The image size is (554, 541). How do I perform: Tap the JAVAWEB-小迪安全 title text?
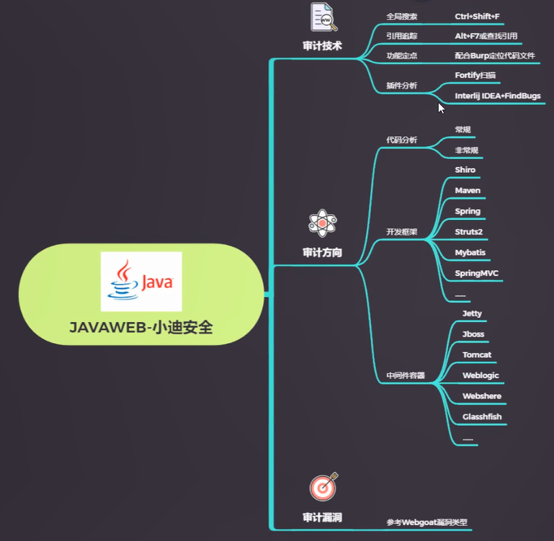pyautogui.click(x=141, y=327)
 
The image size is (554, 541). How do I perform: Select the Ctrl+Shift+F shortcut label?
pyautogui.click(x=477, y=16)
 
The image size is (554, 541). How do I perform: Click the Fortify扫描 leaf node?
pyautogui.click(x=475, y=75)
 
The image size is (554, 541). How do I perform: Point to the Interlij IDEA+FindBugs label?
pyautogui.click(x=497, y=96)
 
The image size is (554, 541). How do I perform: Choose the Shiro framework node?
pyautogui.click(x=465, y=170)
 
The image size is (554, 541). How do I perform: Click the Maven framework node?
pyautogui.click(x=468, y=191)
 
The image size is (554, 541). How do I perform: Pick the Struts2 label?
pyautogui.click(x=469, y=232)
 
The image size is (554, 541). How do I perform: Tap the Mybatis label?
pyautogui.click(x=470, y=253)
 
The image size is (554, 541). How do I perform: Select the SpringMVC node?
pyautogui.click(x=476, y=274)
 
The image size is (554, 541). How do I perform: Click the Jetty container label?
pyautogui.click(x=472, y=313)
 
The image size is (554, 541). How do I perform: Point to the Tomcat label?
pyautogui.click(x=477, y=355)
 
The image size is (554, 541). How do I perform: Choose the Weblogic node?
pyautogui.click(x=480, y=375)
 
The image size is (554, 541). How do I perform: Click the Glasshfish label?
pyautogui.click(x=482, y=416)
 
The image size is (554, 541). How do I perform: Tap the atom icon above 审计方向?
pyautogui.click(x=321, y=223)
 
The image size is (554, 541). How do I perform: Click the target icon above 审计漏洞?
pyautogui.click(x=323, y=487)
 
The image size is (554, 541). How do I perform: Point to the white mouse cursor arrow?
pyautogui.click(x=442, y=108)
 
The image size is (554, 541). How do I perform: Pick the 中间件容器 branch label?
pyautogui.click(x=405, y=375)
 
